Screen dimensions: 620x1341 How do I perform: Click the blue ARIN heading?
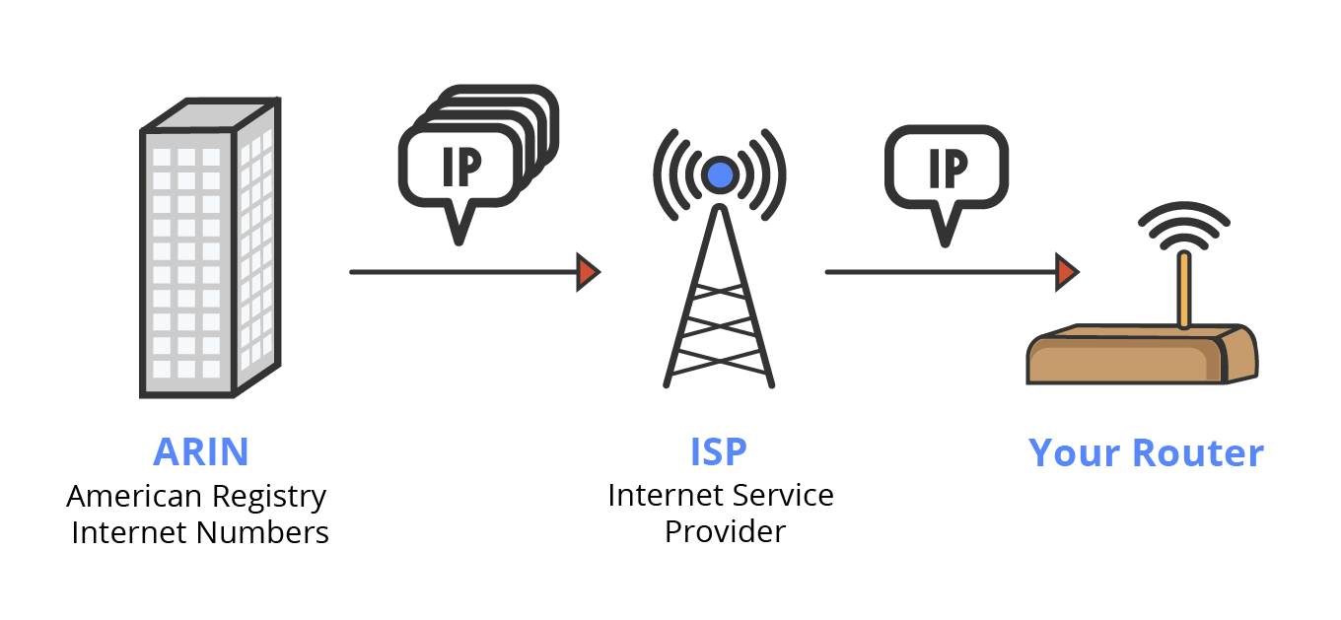point(200,451)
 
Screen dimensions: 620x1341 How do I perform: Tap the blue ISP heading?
point(719,451)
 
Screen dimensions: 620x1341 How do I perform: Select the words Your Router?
point(1146,452)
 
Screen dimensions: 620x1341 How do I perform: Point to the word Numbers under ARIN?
point(263,533)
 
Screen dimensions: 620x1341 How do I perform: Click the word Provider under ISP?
point(725,531)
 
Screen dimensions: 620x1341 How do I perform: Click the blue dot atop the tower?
point(721,175)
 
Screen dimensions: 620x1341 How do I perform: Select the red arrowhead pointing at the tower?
point(589,271)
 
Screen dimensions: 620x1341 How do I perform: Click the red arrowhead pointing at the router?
point(1067,271)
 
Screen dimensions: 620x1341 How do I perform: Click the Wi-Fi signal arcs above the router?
point(1184,225)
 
